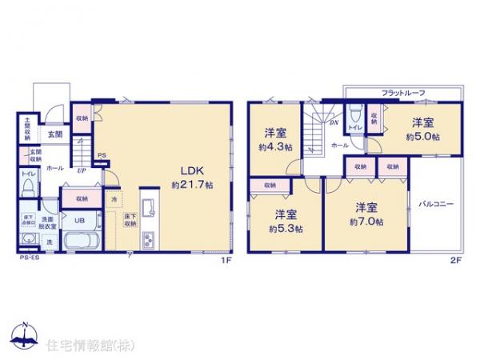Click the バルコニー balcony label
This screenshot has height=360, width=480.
click(437, 204)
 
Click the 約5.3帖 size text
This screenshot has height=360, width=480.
click(286, 228)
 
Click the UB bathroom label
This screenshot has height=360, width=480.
click(80, 221)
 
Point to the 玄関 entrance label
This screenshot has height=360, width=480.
click(54, 135)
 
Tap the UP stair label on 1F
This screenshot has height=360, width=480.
click(82, 170)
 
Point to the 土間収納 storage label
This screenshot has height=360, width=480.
click(25, 130)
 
